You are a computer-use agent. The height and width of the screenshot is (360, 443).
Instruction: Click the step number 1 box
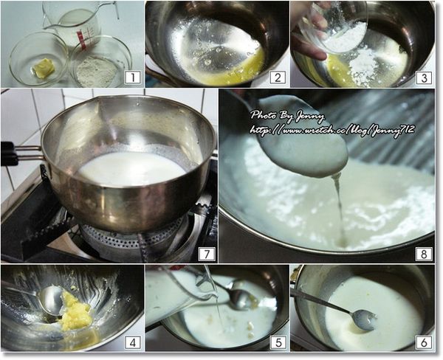pyautogui.click(x=132, y=77)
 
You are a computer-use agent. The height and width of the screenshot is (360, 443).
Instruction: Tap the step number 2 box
pyautogui.click(x=278, y=77)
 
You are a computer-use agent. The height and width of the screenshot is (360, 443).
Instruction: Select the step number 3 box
pyautogui.click(x=424, y=77)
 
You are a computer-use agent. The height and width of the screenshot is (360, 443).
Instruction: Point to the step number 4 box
pyautogui.click(x=132, y=342)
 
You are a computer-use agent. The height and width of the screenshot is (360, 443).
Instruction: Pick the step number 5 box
pyautogui.click(x=278, y=342)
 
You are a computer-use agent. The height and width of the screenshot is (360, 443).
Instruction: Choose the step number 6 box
pyautogui.click(x=424, y=342)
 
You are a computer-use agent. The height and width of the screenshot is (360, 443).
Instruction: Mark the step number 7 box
pyautogui.click(x=207, y=254)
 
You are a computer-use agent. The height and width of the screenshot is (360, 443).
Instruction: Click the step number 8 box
pyautogui.click(x=424, y=254)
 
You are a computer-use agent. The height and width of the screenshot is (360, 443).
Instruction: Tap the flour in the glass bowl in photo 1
pyautogui.click(x=97, y=72)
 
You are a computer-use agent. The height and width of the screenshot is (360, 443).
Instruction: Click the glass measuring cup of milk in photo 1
pyautogui.click(x=74, y=24)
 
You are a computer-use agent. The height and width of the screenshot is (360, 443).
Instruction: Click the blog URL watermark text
pyautogui.click(x=332, y=130)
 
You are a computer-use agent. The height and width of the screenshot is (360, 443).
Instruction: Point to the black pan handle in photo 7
pyautogui.click(x=10, y=153)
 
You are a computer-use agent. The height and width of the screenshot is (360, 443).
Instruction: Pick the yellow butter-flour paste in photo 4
pyautogui.click(x=74, y=311)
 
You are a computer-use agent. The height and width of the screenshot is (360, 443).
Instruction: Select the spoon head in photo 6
pyautogui.click(x=363, y=320)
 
